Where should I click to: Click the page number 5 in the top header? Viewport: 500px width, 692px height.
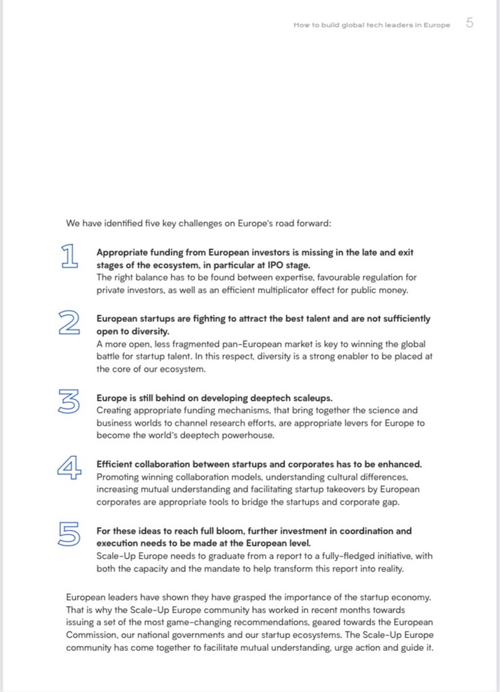click(x=470, y=23)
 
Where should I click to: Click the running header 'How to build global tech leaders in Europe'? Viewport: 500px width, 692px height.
click(x=372, y=25)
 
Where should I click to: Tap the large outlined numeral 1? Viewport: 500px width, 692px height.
click(x=69, y=255)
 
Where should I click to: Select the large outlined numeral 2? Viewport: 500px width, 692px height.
click(x=69, y=322)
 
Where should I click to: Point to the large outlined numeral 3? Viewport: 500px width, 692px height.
click(x=69, y=401)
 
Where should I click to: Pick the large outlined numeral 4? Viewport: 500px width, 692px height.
click(x=69, y=468)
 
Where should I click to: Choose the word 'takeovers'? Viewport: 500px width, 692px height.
click(x=336, y=489)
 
